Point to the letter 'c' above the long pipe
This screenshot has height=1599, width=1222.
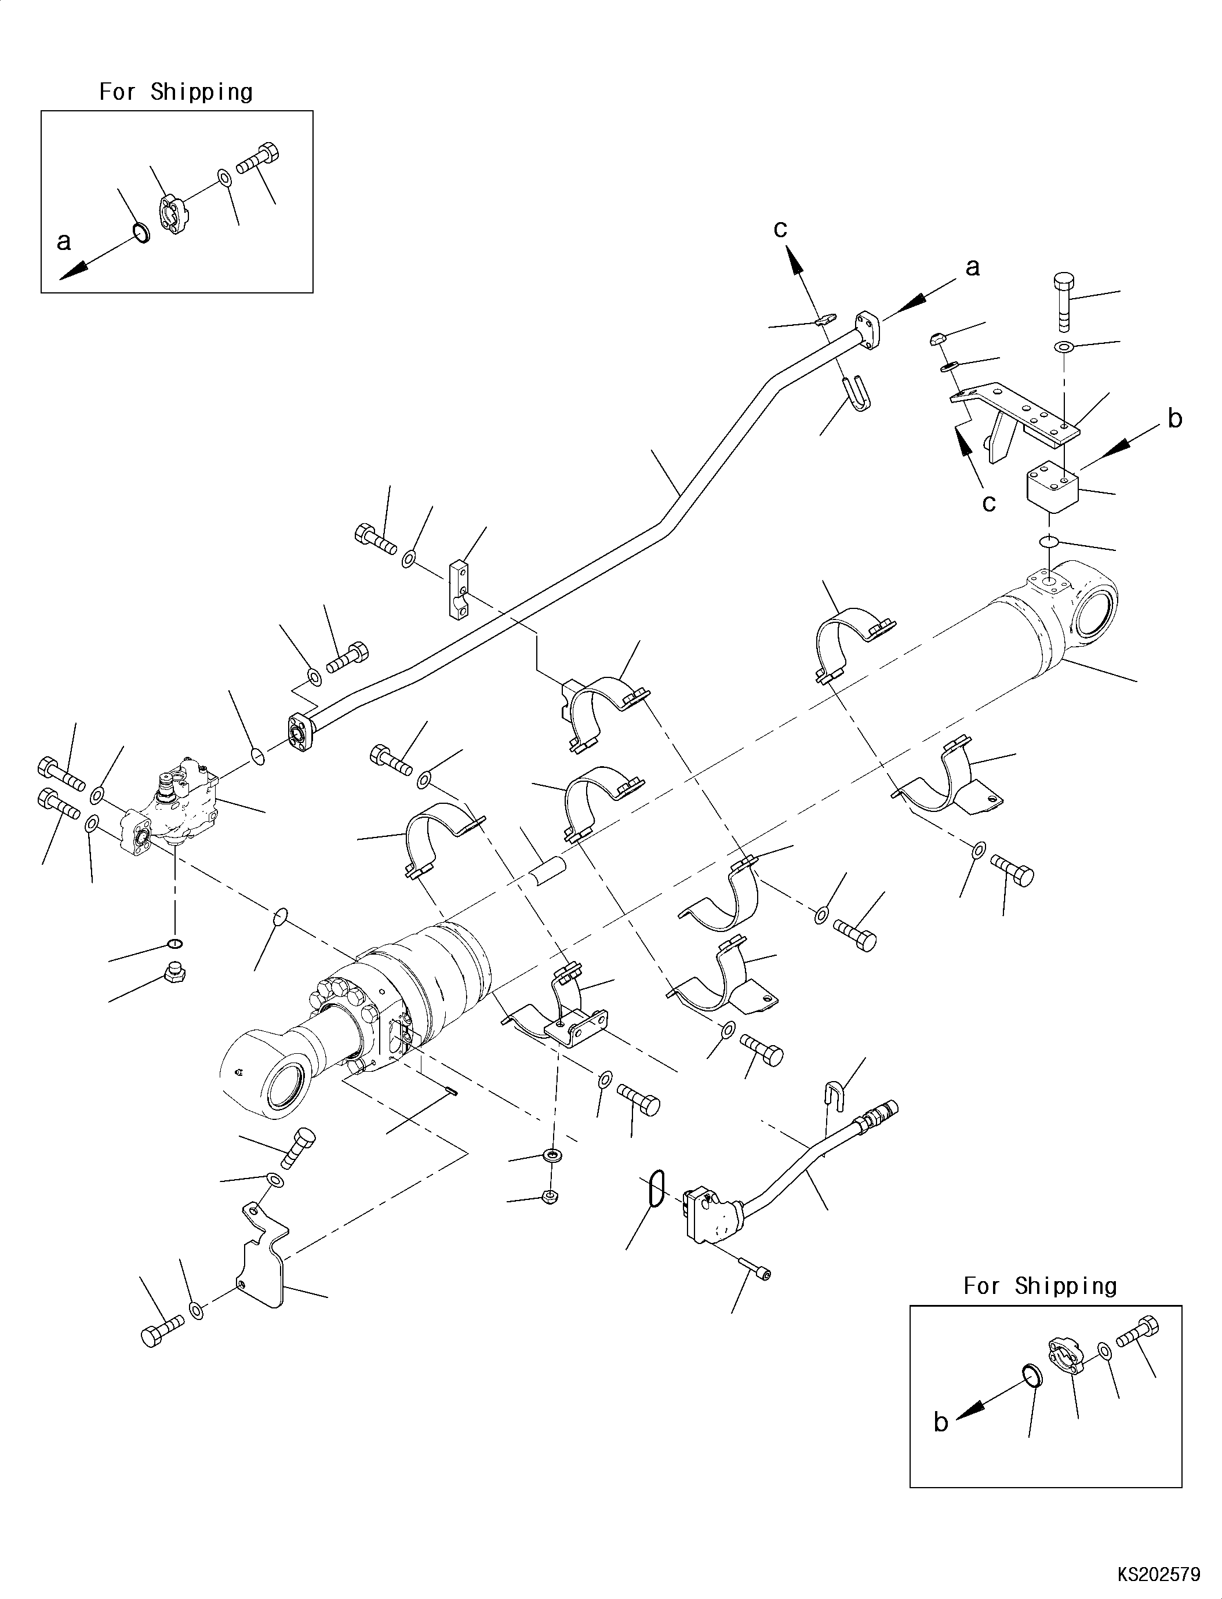tap(780, 229)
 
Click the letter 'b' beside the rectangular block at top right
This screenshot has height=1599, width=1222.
tap(1174, 419)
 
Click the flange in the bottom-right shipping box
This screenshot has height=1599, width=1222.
tap(1066, 1358)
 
